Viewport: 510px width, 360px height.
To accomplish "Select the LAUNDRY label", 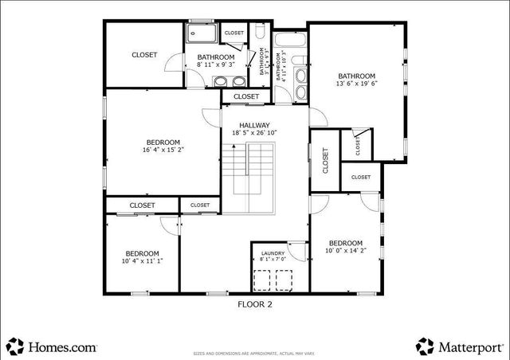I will point(272,253).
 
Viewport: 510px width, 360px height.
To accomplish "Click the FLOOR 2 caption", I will point(256,303).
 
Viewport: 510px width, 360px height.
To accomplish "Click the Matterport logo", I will point(457,346).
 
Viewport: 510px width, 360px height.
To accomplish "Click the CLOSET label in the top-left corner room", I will point(144,55).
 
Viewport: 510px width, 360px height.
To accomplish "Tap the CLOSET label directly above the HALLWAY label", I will point(246,96).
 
